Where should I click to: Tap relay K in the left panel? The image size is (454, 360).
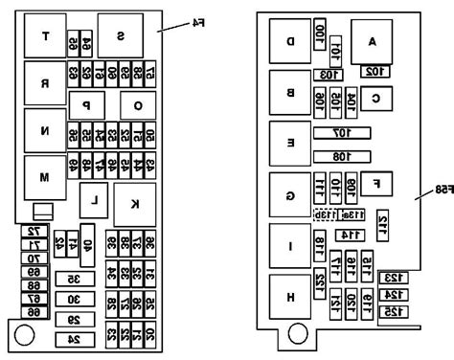[134, 203]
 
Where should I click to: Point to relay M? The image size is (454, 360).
[44, 177]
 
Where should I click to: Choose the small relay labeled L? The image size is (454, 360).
[93, 200]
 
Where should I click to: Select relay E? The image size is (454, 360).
[290, 142]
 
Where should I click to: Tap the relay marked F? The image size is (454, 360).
[377, 182]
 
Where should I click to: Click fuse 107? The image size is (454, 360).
[342, 133]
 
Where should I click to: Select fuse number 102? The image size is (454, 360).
[374, 70]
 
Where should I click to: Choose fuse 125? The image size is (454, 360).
[394, 311]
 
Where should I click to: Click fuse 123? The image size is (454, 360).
[394, 278]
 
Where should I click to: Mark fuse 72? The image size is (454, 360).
[34, 233]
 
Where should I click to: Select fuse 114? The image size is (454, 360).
[350, 235]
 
